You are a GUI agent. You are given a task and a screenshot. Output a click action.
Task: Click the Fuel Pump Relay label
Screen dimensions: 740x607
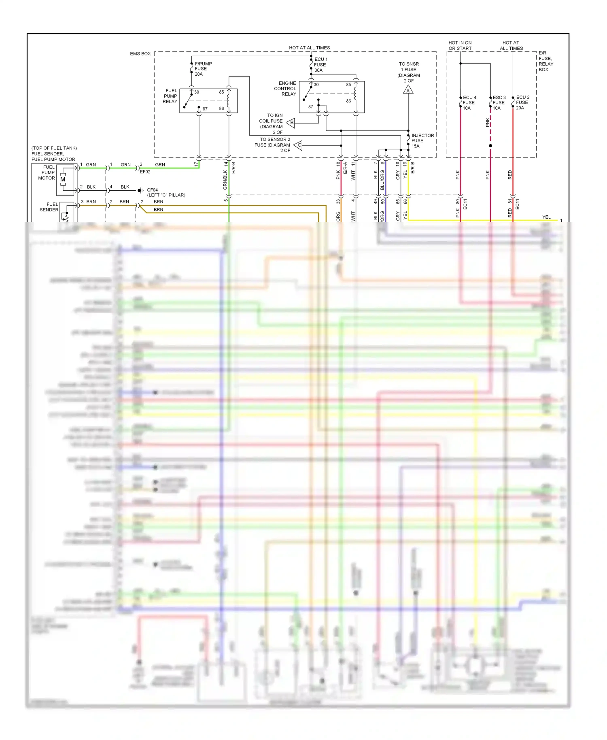tap(170, 96)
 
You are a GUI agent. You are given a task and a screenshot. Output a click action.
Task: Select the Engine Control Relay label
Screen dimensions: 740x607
tap(285, 89)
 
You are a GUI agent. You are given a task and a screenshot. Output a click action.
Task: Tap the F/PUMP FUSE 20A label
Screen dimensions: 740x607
tap(203, 69)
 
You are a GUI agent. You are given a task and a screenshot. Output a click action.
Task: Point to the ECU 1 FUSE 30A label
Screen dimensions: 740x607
tap(320, 65)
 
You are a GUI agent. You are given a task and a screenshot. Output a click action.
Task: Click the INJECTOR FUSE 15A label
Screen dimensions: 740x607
tap(422, 140)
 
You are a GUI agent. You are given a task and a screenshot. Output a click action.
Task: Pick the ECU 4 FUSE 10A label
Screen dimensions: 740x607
tap(469, 103)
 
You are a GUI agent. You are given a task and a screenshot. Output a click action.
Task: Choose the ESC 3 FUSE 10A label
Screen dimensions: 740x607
tap(499, 103)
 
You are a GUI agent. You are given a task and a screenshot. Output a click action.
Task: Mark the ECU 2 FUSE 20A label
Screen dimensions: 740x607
tap(522, 103)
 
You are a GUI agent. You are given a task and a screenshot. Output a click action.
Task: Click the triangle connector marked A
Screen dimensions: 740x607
tap(408, 90)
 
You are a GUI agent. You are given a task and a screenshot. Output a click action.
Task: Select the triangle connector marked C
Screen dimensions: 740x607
tap(299, 145)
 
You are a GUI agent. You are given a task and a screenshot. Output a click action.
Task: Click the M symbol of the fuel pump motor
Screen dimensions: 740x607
tap(63, 179)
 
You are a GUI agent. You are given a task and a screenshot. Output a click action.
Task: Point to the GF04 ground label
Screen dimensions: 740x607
tap(152, 190)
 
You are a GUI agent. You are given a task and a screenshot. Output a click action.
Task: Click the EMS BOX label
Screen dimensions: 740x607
tap(140, 53)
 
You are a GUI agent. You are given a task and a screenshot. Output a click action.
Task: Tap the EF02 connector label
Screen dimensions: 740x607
tap(145, 172)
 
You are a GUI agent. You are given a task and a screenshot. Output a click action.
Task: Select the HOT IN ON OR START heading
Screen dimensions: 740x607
tap(460, 45)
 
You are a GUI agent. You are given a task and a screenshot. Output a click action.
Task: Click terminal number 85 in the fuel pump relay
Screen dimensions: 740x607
tap(221, 92)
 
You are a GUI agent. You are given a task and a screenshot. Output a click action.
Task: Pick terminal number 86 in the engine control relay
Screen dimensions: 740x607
tap(348, 101)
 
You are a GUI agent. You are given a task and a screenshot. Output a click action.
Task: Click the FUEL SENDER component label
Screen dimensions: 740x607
tap(49, 207)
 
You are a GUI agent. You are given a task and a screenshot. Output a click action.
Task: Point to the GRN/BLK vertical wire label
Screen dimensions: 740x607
tap(225, 180)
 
